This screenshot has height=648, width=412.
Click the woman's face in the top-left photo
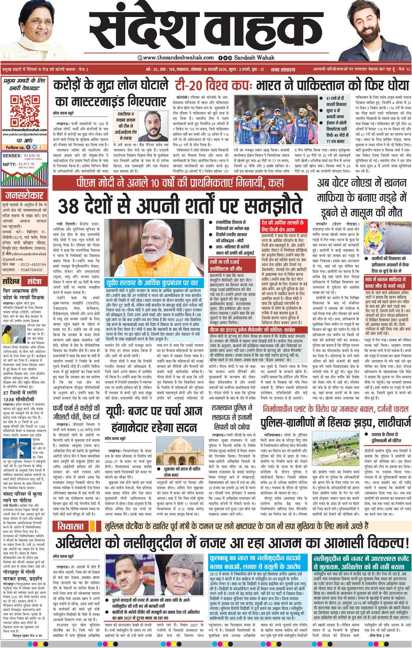[33, 22]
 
